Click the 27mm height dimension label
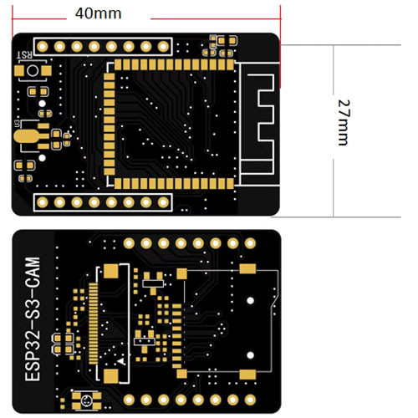(x=343, y=123)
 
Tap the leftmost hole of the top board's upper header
(x=40, y=46)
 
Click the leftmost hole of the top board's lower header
(x=40, y=201)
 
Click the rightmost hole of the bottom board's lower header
(x=250, y=399)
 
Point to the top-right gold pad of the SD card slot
(x=247, y=268)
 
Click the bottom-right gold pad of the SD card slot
(x=247, y=375)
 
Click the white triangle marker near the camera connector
(x=123, y=359)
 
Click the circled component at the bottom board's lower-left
(x=84, y=400)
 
